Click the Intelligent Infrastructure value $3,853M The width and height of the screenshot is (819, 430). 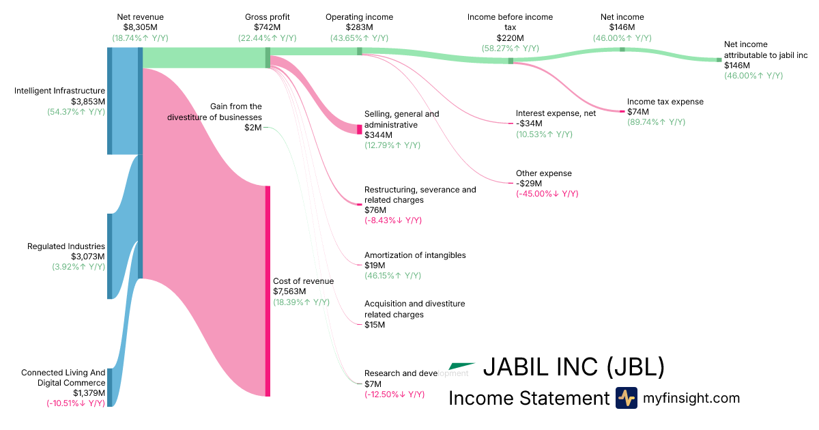pyautogui.click(x=88, y=101)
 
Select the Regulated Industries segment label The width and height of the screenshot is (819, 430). pyautogui.click(x=66, y=246)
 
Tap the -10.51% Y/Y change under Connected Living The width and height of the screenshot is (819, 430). pyautogui.click(x=75, y=403)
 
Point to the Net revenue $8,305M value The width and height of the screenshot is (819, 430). pyautogui.click(x=140, y=27)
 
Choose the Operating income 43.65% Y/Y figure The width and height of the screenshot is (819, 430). pyautogui.click(x=359, y=38)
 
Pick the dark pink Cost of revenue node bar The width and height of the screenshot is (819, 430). pyautogui.click(x=268, y=290)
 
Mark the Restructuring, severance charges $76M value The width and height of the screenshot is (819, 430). pyautogui.click(x=375, y=210)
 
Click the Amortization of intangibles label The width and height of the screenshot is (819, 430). pyautogui.click(x=415, y=255)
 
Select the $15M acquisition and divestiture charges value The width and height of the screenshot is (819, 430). pyautogui.click(x=375, y=325)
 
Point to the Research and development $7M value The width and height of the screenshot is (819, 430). pyautogui.click(x=373, y=384)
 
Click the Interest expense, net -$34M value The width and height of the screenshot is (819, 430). pyautogui.click(x=529, y=124)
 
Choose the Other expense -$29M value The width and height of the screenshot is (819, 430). pyautogui.click(x=529, y=184)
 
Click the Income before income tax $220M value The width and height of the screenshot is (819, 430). pyautogui.click(x=510, y=38)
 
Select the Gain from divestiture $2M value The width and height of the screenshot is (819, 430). pyautogui.click(x=253, y=127)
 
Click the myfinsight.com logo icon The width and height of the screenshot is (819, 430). pyautogui.click(x=626, y=398)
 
